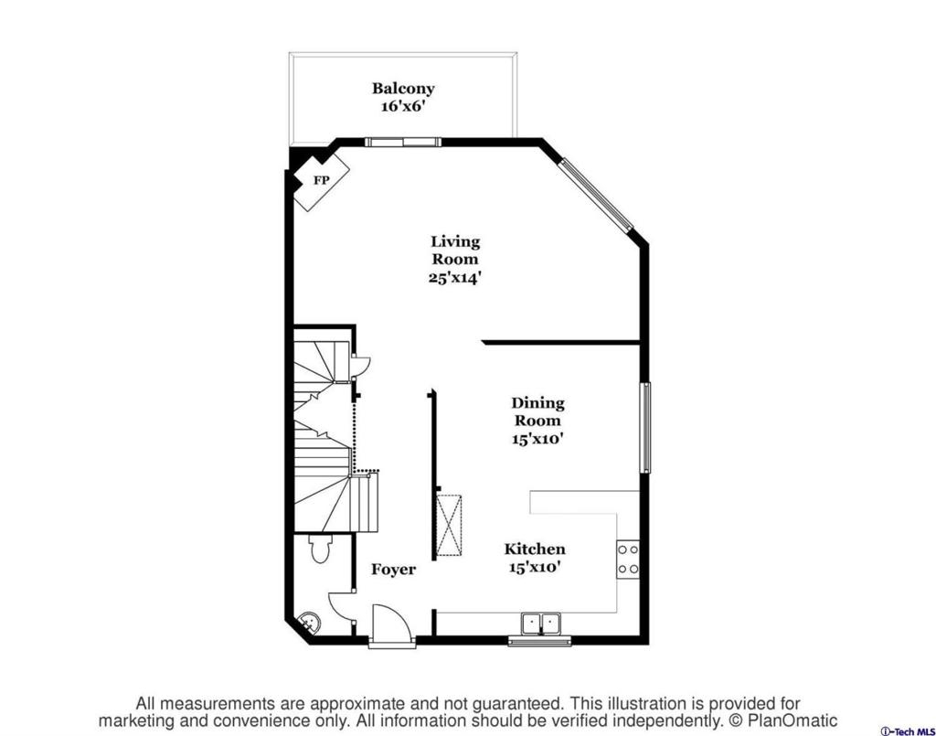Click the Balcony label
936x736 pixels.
tap(403, 89)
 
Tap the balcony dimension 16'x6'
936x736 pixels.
tap(403, 106)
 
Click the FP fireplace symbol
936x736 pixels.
tap(320, 180)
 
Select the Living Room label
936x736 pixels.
tap(455, 251)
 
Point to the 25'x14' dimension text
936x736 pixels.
tap(455, 278)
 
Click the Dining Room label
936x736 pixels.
tap(537, 411)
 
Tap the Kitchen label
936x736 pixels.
tap(534, 549)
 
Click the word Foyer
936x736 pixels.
tap(393, 570)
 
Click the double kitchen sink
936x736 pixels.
tap(541, 624)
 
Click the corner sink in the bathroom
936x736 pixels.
tap(309, 624)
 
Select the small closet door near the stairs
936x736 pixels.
tap(362, 366)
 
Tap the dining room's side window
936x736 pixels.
tap(644, 428)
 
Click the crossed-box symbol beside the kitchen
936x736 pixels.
tap(449, 525)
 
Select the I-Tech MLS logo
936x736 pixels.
tap(908, 731)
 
